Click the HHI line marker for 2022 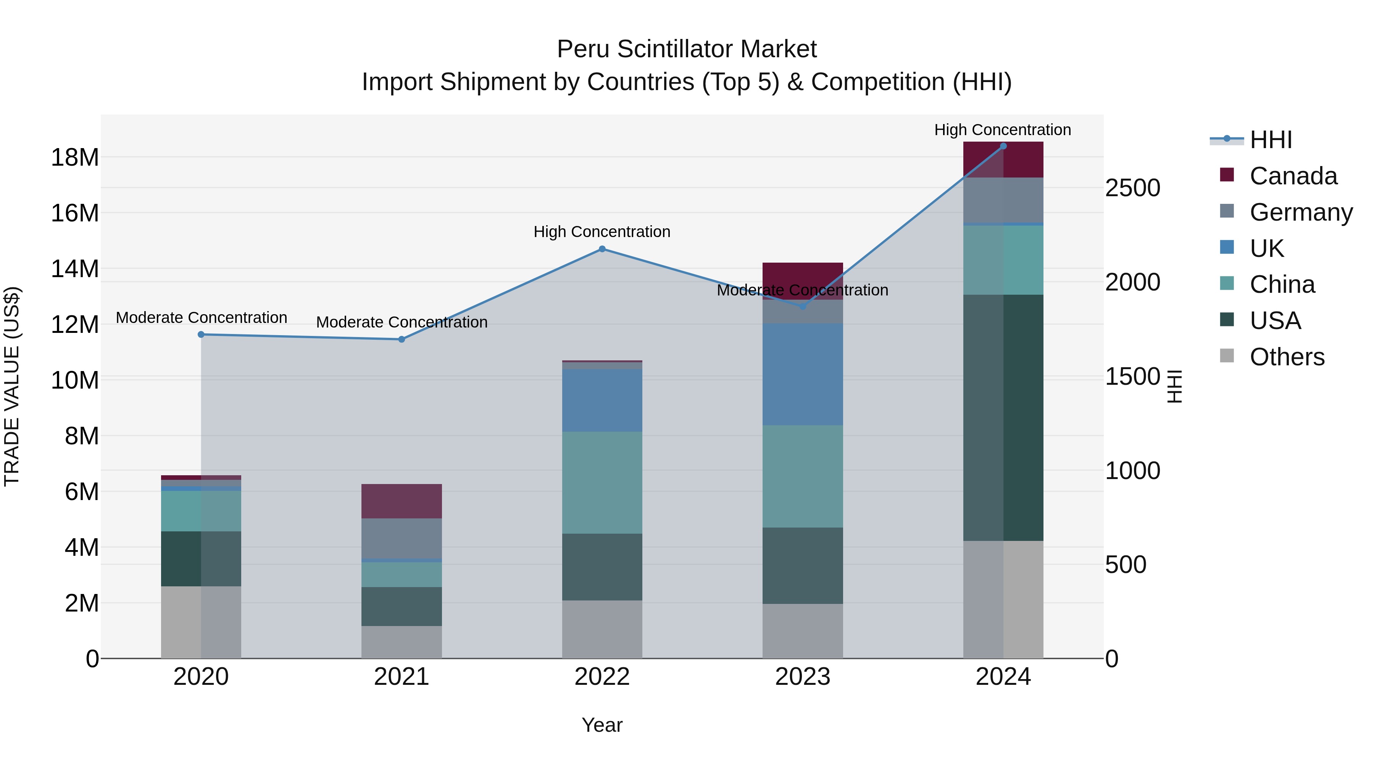pyautogui.click(x=602, y=249)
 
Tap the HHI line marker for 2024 pyautogui.click(x=1003, y=146)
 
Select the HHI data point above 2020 pyautogui.click(x=201, y=334)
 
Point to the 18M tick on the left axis pyautogui.click(x=75, y=157)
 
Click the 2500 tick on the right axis pyautogui.click(x=1132, y=188)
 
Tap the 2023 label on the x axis pyautogui.click(x=802, y=677)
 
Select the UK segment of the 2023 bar pyautogui.click(x=802, y=373)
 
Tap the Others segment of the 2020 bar pyautogui.click(x=201, y=622)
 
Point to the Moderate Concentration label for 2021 pyautogui.click(x=402, y=322)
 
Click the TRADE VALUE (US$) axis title pyautogui.click(x=12, y=386)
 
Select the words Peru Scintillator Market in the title pyautogui.click(x=687, y=49)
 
